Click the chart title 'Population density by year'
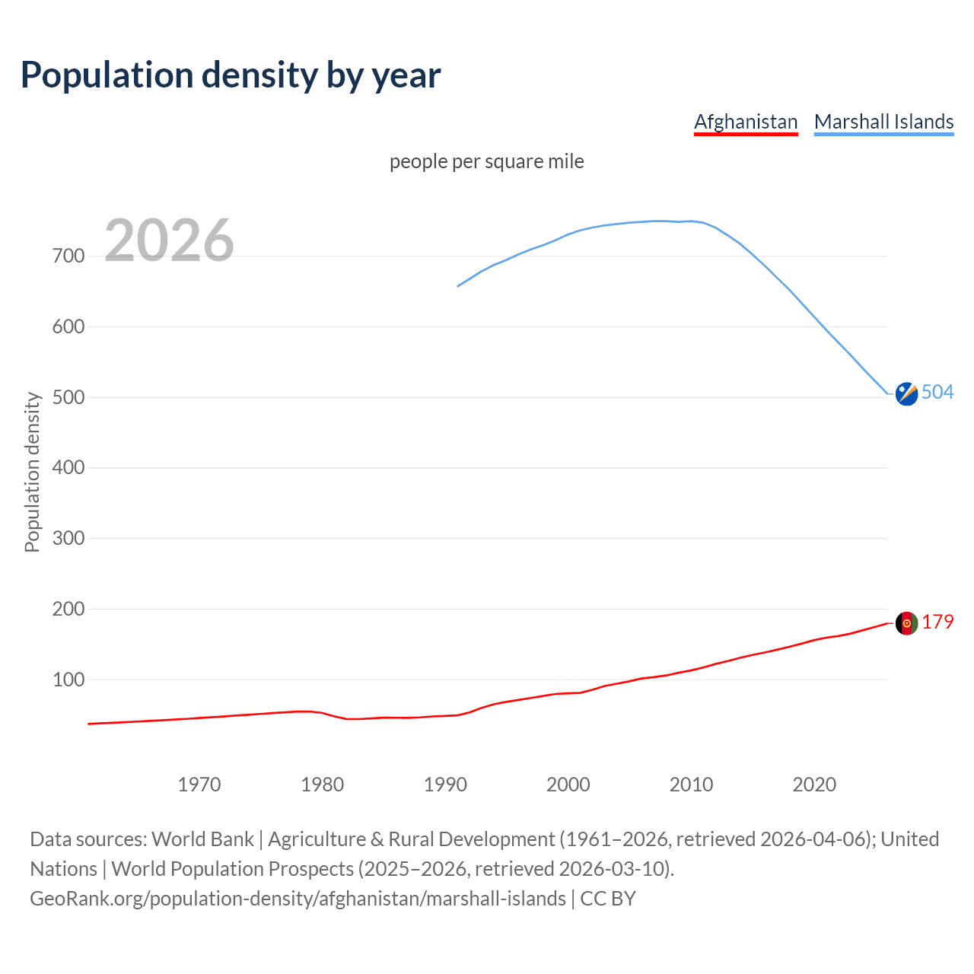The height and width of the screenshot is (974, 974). [x=231, y=75]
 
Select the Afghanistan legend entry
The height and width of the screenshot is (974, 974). [x=746, y=122]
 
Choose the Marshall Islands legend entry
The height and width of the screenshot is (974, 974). [x=883, y=122]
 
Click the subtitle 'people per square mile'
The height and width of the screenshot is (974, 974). [x=486, y=161]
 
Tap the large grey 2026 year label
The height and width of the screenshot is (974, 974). [x=169, y=240]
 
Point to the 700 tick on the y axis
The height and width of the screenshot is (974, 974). [x=68, y=256]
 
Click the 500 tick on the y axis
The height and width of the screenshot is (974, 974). [x=68, y=397]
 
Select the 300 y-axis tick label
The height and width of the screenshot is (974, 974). [x=68, y=539]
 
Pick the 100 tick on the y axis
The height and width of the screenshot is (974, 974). [x=68, y=680]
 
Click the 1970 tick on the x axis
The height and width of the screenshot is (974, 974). [x=199, y=785]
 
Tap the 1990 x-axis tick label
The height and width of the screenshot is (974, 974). [x=445, y=785]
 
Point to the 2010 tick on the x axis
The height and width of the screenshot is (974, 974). [x=691, y=785]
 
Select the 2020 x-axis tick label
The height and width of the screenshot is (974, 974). [x=814, y=785]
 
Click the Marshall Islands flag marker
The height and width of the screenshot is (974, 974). [x=906, y=393]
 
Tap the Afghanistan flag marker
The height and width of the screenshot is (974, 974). [x=906, y=623]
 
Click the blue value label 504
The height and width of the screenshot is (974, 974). [x=937, y=392]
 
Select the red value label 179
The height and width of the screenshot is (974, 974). [x=937, y=622]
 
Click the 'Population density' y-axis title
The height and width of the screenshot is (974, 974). [x=32, y=472]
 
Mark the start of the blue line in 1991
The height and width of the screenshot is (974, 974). [x=458, y=286]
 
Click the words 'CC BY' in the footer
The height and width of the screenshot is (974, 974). [x=607, y=899]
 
